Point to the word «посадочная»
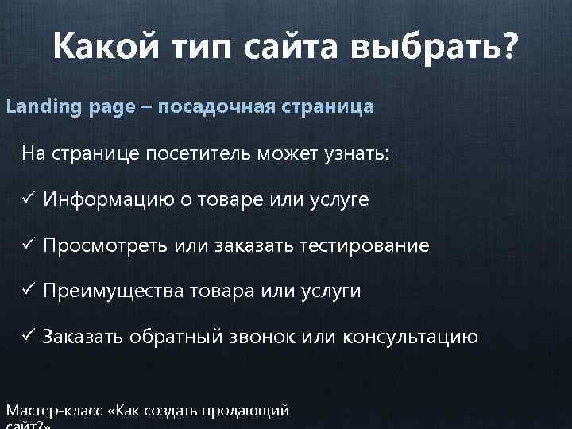(211, 106)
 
